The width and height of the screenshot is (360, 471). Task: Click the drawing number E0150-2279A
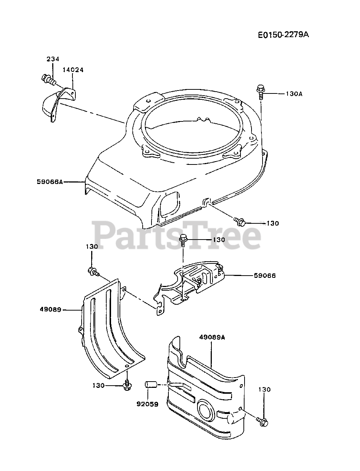tap(283, 35)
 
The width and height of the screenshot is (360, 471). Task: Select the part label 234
tap(53, 59)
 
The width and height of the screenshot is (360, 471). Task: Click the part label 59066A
tap(50, 181)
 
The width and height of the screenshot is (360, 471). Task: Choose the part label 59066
tap(264, 275)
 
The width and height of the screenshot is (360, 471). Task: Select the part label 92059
tap(147, 404)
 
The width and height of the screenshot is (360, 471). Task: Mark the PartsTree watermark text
tap(177, 234)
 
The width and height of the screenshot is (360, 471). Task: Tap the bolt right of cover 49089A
tap(263, 421)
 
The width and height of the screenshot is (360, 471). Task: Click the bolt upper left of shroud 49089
tap(92, 272)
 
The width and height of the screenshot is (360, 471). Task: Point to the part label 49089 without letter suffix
tap(50, 310)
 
